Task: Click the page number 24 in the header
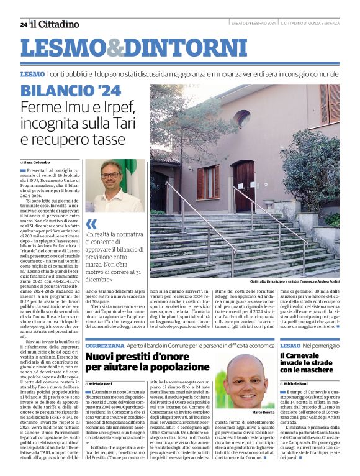pos(24,24)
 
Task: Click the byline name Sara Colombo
pos(38,162)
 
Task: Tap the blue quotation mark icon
pos(91,224)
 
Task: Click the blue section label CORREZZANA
pos(104,344)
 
